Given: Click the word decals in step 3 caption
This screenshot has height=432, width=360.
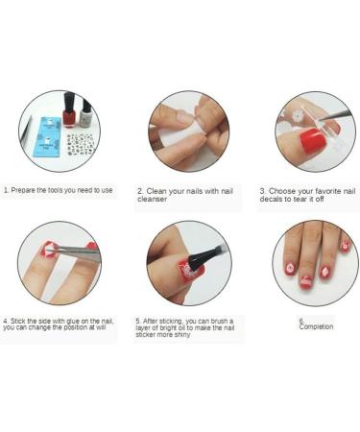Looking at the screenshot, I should click(x=274, y=199).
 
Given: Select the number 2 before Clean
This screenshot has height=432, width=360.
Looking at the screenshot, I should click(x=138, y=191).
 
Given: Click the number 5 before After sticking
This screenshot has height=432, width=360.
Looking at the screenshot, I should click(x=138, y=321).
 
